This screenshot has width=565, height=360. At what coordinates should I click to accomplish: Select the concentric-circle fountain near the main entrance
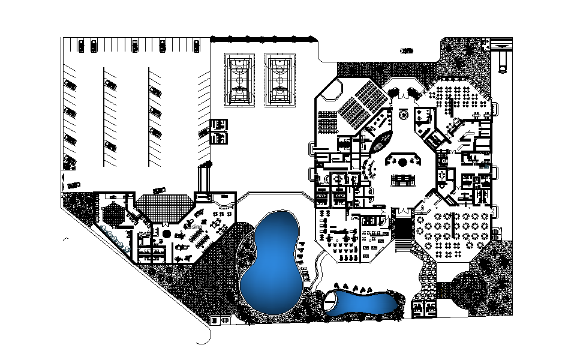404,113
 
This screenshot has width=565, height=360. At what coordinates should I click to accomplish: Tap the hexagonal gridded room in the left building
112,214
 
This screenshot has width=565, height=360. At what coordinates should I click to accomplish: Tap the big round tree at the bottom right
470,287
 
